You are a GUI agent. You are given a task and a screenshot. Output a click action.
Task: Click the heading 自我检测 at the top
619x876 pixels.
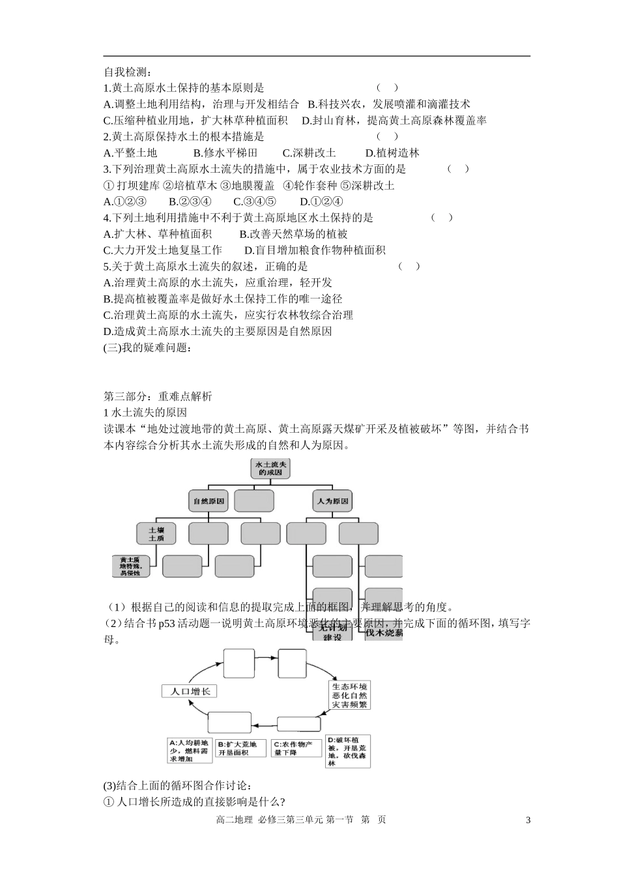pos(128,72)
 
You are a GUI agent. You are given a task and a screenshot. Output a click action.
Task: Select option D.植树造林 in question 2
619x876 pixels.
pos(392,153)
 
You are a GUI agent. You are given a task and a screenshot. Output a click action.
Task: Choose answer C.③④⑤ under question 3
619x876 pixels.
pos(254,202)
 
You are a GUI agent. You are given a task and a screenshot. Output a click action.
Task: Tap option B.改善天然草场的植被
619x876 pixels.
pos(293,234)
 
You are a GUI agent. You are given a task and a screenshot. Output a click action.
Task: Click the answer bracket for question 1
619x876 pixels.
pos(387,87)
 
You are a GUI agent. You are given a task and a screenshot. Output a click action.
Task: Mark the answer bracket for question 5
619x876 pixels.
pos(409,266)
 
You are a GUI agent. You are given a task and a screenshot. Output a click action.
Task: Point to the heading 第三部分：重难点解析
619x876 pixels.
pos(158,396)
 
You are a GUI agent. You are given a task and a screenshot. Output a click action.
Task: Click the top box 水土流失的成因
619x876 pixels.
pos(270,468)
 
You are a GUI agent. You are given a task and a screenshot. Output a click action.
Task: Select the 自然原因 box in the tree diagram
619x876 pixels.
pos(209,501)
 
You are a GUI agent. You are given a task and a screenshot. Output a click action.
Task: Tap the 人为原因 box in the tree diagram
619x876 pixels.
pos(332,501)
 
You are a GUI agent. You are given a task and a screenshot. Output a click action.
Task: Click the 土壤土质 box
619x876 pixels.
pos(156,534)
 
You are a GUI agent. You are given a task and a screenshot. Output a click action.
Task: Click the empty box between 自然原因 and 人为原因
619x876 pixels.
pos(254,501)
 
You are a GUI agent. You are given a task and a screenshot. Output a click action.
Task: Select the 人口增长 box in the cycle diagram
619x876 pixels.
pos(189,692)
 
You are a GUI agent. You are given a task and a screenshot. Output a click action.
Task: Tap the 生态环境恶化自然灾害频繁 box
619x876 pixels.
pos(350,695)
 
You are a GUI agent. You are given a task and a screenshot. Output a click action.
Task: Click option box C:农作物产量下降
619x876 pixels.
pos(296,748)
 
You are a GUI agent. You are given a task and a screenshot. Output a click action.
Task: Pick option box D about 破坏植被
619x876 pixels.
pos(348,752)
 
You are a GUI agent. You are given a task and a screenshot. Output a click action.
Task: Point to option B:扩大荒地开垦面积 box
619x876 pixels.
pos(241,748)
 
